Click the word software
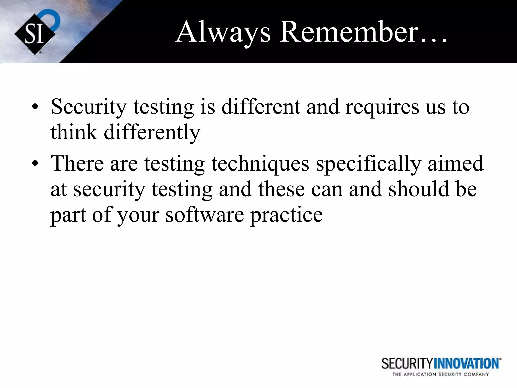click(204, 215)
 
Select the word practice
click(286, 215)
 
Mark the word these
click(281, 189)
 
